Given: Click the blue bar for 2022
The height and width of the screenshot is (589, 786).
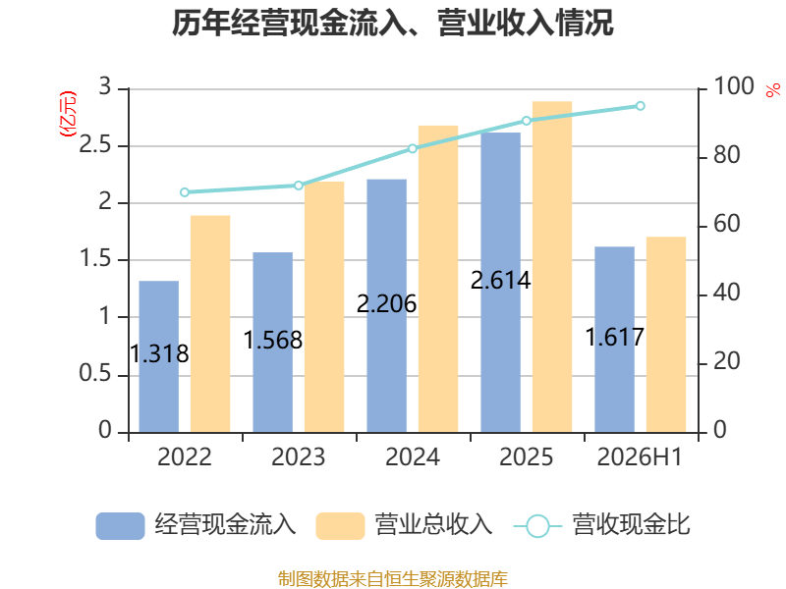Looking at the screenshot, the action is [x=158, y=356].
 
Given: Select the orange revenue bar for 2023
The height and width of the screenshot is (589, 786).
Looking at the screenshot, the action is [x=324, y=307].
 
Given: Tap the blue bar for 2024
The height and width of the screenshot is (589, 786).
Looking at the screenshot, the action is [x=386, y=305].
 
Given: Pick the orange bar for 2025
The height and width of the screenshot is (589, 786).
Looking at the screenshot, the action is [x=552, y=267].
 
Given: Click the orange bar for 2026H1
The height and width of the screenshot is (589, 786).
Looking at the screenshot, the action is [x=666, y=335].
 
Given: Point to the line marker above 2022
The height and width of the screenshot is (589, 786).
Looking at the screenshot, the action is [x=185, y=192].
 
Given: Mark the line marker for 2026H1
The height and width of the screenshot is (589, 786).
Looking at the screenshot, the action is [x=641, y=106].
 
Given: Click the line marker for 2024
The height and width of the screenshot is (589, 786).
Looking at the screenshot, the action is [x=412, y=149].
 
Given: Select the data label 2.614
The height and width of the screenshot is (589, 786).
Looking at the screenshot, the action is [x=500, y=281].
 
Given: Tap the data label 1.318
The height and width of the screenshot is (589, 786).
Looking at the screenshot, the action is [x=159, y=354].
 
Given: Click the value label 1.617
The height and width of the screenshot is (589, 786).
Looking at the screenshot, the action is [x=615, y=337].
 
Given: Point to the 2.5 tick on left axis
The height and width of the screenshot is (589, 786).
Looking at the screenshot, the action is [x=94, y=145].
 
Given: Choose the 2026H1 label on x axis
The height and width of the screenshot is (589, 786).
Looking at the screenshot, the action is [x=641, y=456].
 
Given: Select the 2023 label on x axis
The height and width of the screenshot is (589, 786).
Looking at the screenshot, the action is [x=299, y=456].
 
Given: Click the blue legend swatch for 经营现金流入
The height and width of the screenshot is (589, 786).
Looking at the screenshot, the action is [x=120, y=526].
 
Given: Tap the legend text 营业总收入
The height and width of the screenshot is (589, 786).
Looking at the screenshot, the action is [x=433, y=525].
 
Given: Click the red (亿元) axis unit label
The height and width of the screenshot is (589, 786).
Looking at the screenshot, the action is [x=68, y=114].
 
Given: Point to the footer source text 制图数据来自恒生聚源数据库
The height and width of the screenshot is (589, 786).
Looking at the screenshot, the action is [x=392, y=579].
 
